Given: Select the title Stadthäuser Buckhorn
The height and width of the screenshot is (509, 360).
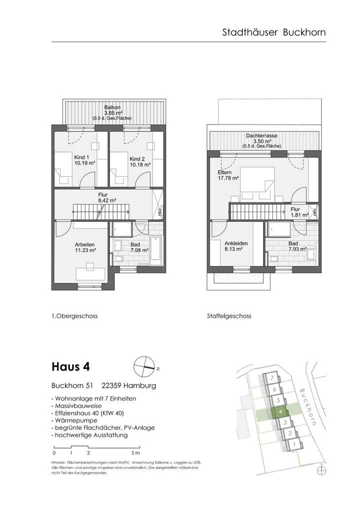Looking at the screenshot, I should [274, 32].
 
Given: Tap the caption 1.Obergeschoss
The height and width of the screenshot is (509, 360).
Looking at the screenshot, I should [74, 316].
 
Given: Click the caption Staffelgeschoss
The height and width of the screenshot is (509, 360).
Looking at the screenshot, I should [228, 316].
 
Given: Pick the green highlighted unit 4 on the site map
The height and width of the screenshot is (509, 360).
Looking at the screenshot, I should [281, 412].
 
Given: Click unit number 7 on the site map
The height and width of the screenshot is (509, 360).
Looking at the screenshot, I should [270, 378].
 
